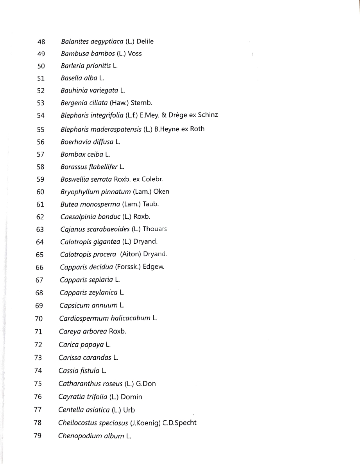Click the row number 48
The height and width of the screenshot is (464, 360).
(41, 41)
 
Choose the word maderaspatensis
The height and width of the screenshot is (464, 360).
(113, 129)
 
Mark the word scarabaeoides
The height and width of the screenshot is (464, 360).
(101, 229)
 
